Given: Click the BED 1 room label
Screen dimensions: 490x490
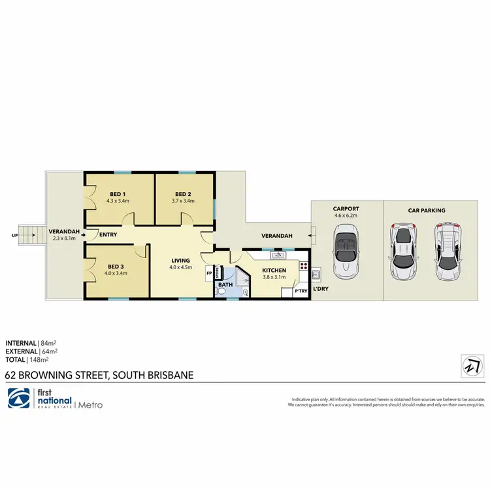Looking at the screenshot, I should pos(118,194).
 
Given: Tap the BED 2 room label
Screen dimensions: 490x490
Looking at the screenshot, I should pos(184,194).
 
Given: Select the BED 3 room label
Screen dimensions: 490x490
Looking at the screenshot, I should pos(115,267).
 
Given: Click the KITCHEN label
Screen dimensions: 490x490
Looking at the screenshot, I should pos(274,270).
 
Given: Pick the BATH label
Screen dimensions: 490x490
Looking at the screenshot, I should pos(225,285).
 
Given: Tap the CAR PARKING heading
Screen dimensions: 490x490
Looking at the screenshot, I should pos(427,210).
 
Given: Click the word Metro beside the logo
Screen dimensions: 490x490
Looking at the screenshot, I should pos(90,405).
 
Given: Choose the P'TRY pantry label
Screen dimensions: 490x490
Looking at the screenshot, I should pos(301,291).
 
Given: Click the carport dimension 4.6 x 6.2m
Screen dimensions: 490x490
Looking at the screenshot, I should pos(346,215).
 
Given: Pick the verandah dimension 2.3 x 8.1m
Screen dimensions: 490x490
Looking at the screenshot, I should pos(64,238).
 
